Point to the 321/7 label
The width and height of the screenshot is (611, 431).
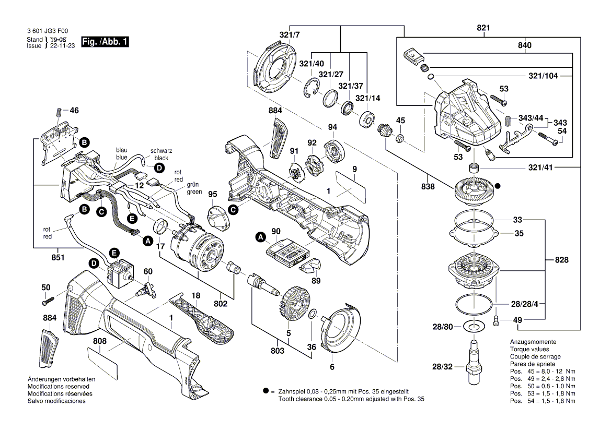click(290, 35)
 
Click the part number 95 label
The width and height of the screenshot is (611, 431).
click(212, 194)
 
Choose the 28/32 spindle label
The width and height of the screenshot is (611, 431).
click(442, 367)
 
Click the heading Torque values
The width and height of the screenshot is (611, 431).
click(529, 349)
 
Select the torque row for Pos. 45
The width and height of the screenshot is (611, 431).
click(542, 371)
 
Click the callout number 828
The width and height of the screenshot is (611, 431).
click(561, 260)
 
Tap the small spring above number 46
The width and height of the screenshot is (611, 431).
click(59, 112)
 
